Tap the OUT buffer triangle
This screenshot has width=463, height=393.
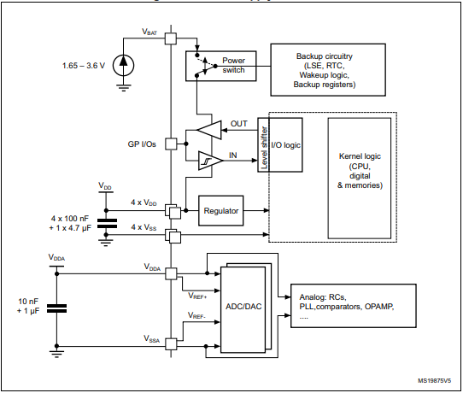coord(208,129)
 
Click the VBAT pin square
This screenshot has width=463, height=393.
coord(171,38)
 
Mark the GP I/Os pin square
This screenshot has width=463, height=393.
coord(171,144)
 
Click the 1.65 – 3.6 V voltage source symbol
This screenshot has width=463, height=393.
coord(125,64)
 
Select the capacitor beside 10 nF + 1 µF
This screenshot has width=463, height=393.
coord(57,307)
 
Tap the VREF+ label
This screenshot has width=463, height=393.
coord(197,295)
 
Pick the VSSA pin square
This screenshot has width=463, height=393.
coord(171,344)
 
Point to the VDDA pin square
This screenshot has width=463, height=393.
coord(171,274)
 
